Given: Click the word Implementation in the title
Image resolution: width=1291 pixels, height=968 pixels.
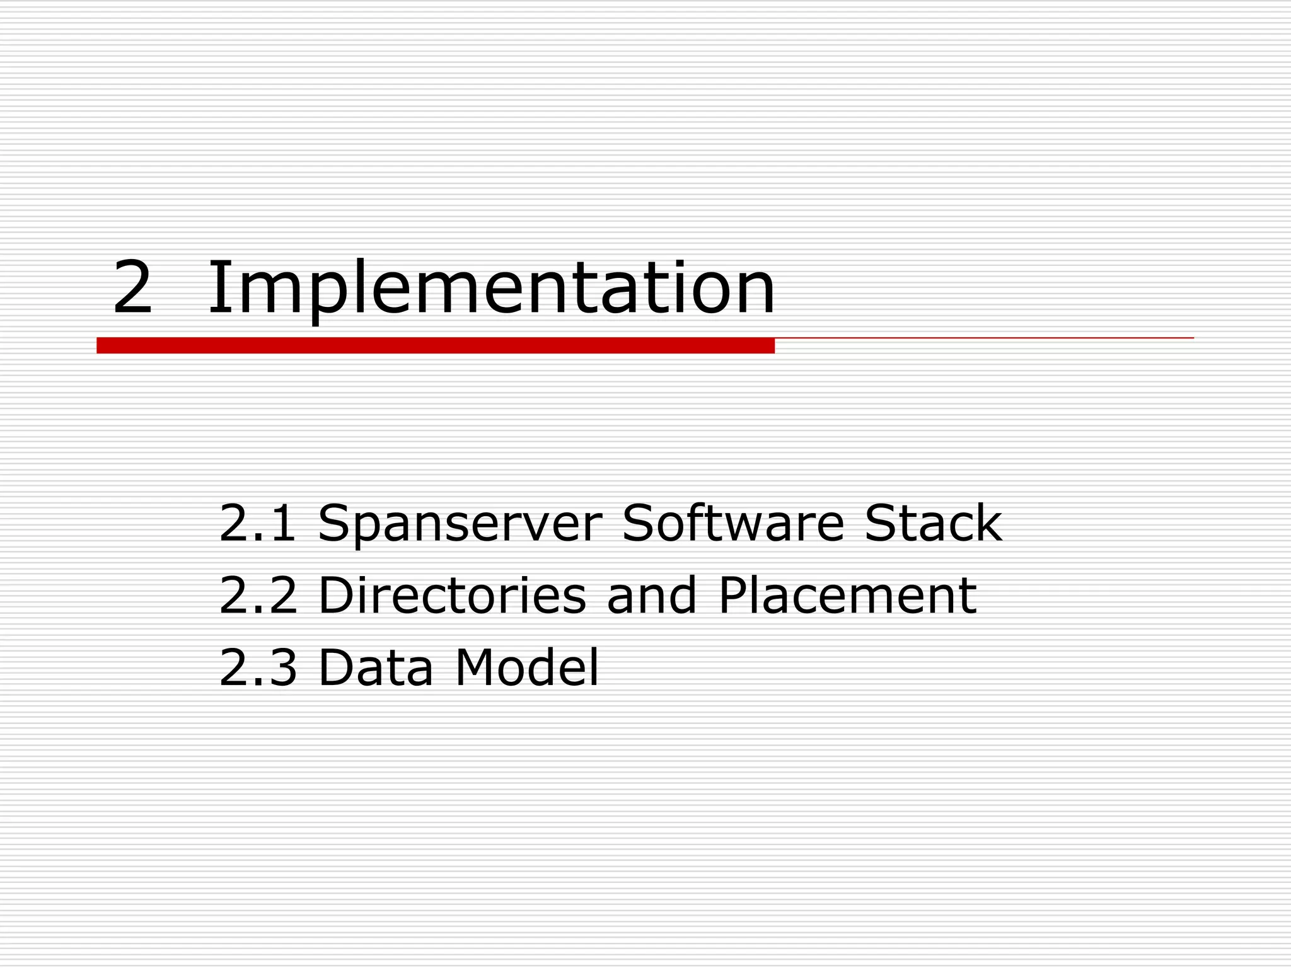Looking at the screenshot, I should [490, 289].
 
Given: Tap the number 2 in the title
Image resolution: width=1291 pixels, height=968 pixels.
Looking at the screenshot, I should [132, 289].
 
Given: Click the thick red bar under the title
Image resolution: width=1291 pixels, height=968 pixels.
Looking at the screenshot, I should [435, 345].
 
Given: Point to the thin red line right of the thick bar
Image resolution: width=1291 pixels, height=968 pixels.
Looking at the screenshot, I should [983, 338].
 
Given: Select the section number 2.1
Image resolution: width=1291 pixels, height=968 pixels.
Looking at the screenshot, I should [257, 523].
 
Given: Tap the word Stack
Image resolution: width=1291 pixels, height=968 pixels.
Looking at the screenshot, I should [933, 523].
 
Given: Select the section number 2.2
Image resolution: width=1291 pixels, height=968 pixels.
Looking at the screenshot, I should [257, 596].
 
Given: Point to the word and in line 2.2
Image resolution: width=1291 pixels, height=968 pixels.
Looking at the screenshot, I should [652, 596].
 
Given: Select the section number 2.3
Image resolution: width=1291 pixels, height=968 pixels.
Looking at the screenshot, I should [257, 668].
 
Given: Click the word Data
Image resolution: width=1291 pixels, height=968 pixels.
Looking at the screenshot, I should [376, 668].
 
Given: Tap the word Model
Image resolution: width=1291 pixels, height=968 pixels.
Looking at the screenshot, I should [526, 668].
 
